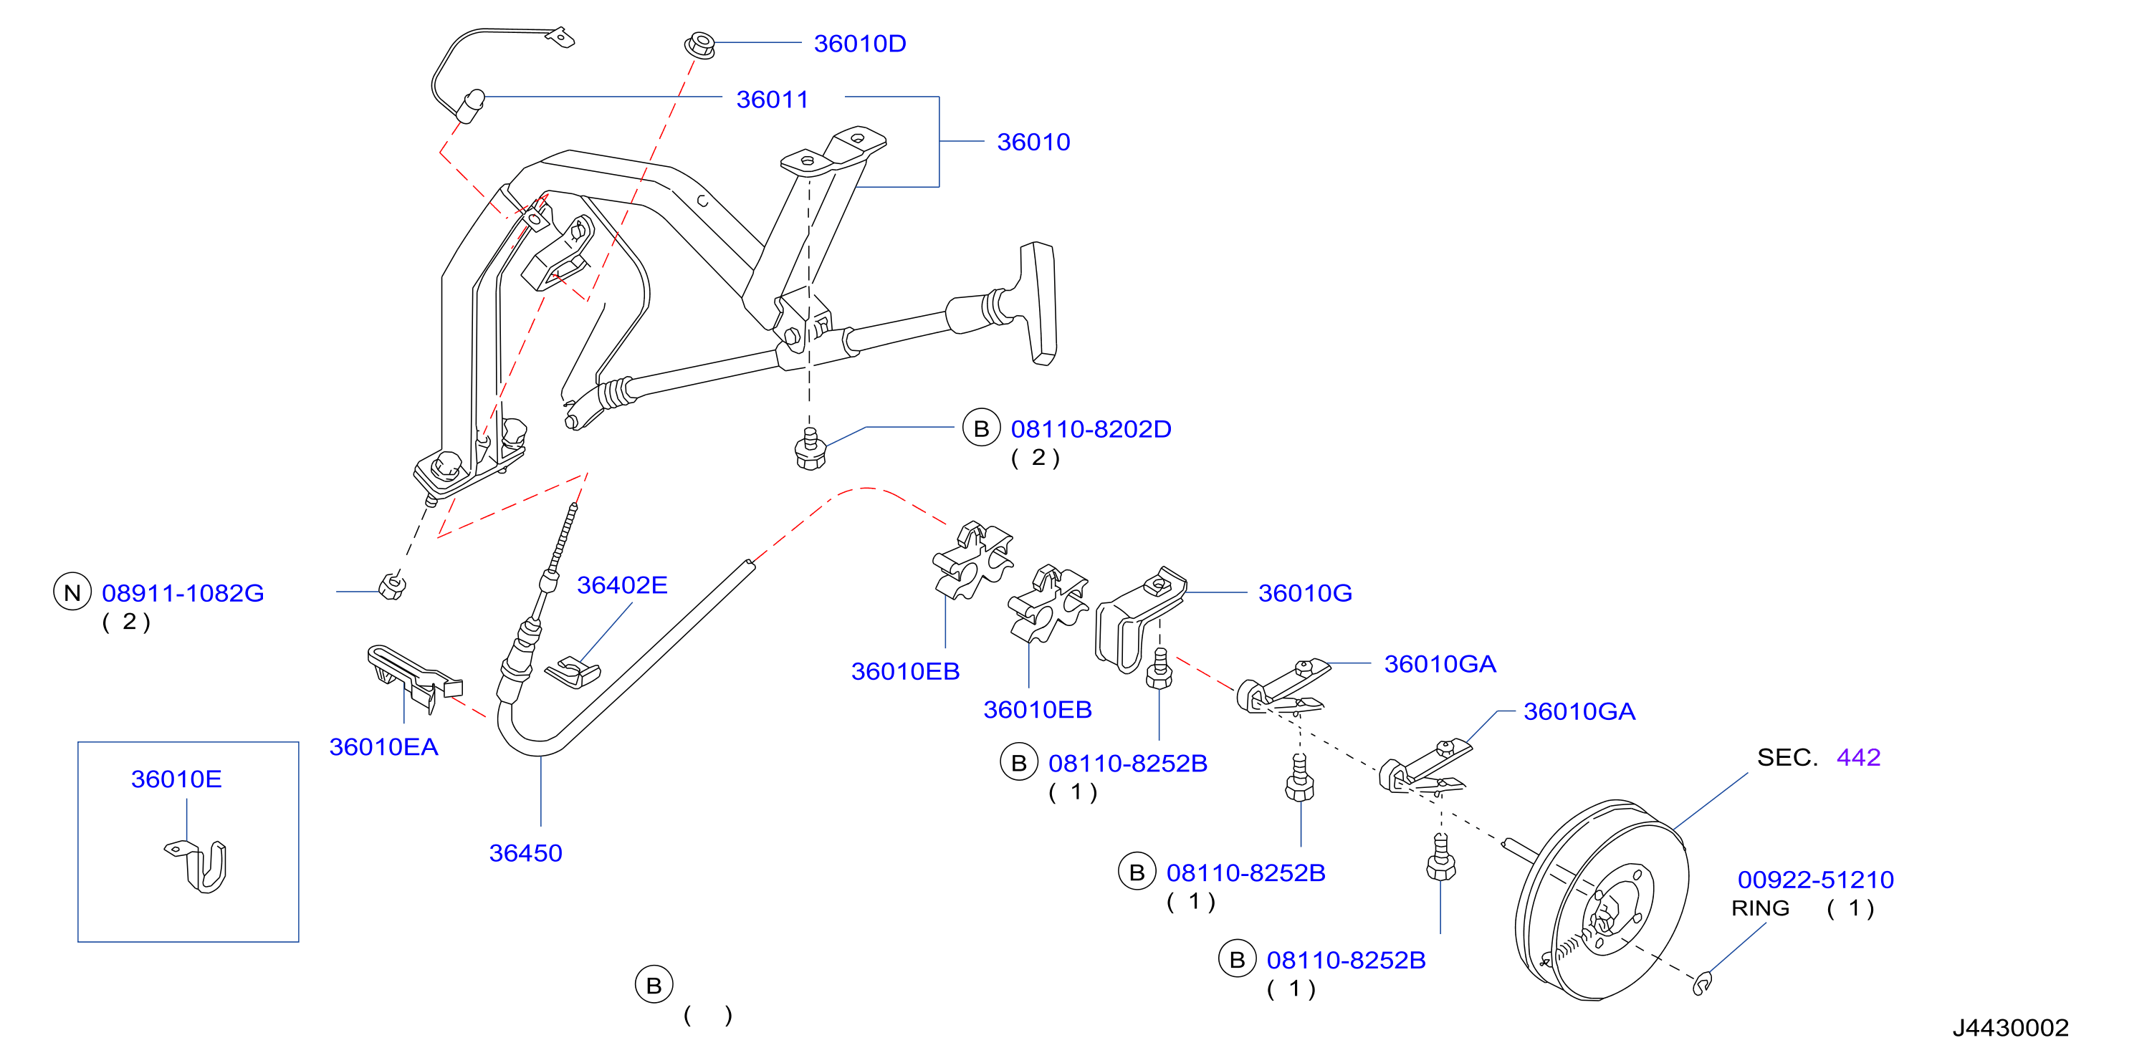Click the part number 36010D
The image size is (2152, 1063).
coord(860,44)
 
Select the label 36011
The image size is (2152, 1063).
coord(772,100)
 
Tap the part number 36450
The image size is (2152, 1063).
coord(525,852)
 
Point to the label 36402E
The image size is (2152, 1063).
coord(621,585)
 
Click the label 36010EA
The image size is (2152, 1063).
coord(383,746)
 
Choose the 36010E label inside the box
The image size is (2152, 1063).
coord(176,779)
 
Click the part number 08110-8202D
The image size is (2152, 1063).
coord(1091,429)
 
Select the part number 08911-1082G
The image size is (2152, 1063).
coord(183,593)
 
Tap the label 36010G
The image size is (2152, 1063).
coord(1305,593)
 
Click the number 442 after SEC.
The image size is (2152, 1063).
coord(1858,757)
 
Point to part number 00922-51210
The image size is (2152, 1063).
coord(1815,880)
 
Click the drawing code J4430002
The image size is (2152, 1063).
coord(2010,1027)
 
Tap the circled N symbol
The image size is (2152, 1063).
coord(72,592)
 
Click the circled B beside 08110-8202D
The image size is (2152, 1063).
coord(982,428)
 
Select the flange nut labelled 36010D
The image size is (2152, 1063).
coord(700,44)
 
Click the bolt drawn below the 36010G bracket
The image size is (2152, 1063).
coord(1159,669)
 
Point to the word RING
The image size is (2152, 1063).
coord(1759,908)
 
